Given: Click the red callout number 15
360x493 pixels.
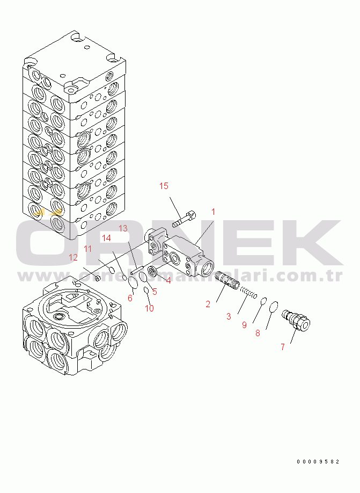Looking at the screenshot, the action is (x=164, y=186).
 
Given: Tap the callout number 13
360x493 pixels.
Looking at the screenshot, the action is (x=123, y=228).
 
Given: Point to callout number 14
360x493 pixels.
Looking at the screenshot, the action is (x=107, y=237).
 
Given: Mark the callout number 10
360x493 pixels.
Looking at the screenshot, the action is (x=149, y=308).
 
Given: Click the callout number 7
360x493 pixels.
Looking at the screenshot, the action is (x=282, y=346).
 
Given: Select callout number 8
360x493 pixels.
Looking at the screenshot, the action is (x=258, y=333).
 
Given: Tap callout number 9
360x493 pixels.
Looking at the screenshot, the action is (x=244, y=324).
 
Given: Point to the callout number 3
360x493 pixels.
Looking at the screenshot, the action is (x=229, y=316).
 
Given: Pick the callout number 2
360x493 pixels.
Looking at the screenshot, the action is (x=208, y=305).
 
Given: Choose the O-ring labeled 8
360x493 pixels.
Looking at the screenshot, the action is (x=274, y=307).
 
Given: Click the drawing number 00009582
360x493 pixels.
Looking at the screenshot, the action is (x=318, y=461).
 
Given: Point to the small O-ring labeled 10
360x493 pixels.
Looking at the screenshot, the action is (x=146, y=291).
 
